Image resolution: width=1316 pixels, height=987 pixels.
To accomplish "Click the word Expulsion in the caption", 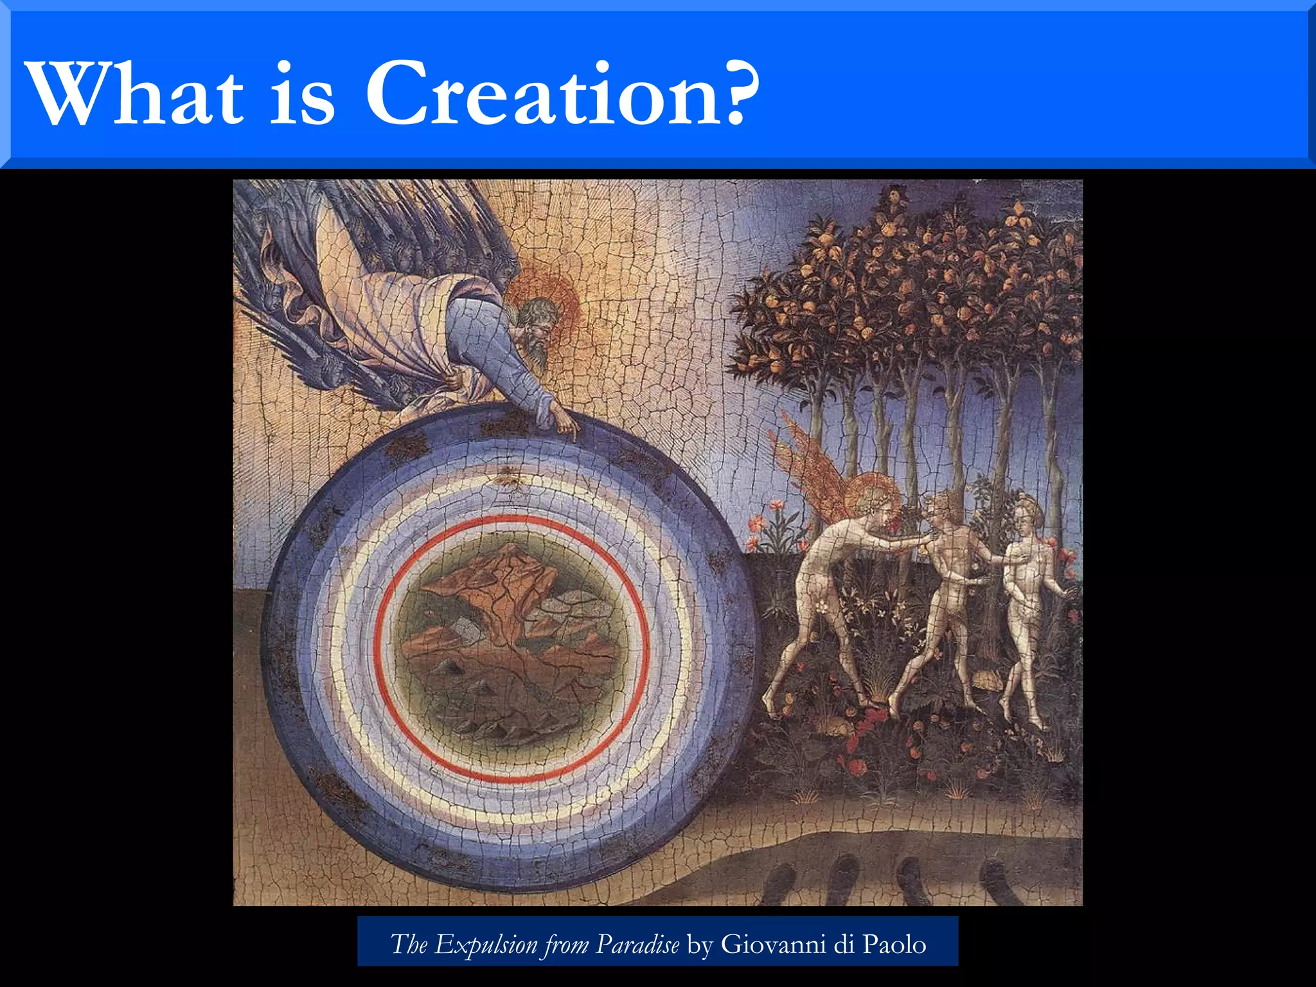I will coord(486,944).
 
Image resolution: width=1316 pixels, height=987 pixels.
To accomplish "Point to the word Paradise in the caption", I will coord(637,944).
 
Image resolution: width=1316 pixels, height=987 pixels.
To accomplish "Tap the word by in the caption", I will coord(700,944).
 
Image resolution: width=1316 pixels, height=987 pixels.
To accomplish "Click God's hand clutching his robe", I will coord(454,379).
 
